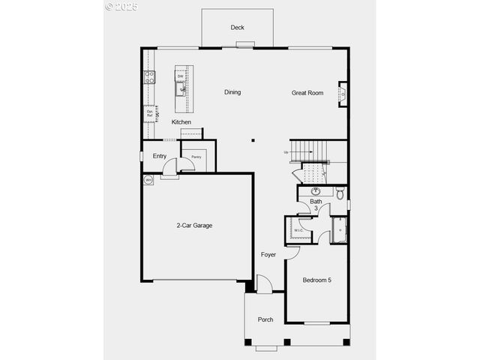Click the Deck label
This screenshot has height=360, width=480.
(237, 28)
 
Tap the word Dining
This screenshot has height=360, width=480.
(232, 92)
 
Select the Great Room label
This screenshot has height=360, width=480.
(307, 93)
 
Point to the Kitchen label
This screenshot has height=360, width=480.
(181, 122)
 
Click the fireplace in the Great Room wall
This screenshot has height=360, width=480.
(343, 93)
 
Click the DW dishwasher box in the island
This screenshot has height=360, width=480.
(181, 76)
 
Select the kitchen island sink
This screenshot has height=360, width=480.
(181, 89)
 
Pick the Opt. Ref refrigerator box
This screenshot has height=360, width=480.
(150, 113)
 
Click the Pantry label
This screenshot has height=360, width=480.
(196, 157)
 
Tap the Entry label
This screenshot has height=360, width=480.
(160, 156)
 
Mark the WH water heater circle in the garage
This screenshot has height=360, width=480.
(148, 180)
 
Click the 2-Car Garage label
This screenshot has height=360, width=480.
(195, 225)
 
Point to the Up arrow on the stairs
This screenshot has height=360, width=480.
(286, 152)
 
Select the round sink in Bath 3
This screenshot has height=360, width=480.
(313, 192)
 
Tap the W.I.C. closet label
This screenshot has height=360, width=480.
(298, 230)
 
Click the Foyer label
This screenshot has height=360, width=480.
(268, 255)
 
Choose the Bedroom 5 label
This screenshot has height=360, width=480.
(316, 280)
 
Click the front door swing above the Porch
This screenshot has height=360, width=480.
(264, 284)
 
